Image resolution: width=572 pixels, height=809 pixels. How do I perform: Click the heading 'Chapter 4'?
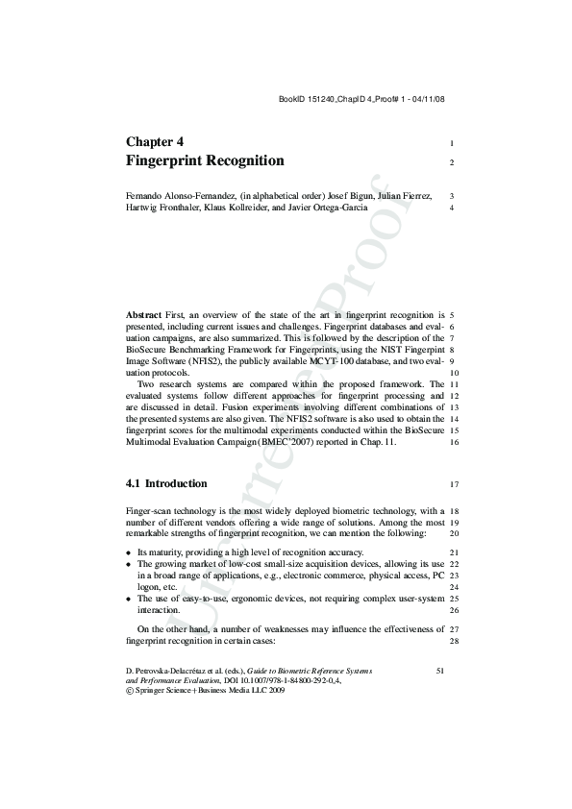(162, 141)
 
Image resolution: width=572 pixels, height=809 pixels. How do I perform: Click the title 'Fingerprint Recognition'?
(205, 160)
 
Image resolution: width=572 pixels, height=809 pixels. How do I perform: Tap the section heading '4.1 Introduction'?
(166, 483)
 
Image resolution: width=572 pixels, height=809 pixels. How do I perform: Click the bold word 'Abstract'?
(144, 314)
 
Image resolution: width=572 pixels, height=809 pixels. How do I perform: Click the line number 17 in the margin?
(453, 484)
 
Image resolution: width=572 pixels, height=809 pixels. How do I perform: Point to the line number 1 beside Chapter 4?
(451, 143)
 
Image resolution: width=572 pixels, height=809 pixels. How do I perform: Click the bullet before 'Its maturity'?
(130, 553)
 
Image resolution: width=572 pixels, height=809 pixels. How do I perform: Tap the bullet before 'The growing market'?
(130, 565)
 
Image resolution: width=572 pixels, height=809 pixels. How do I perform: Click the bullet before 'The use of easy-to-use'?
(130, 600)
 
